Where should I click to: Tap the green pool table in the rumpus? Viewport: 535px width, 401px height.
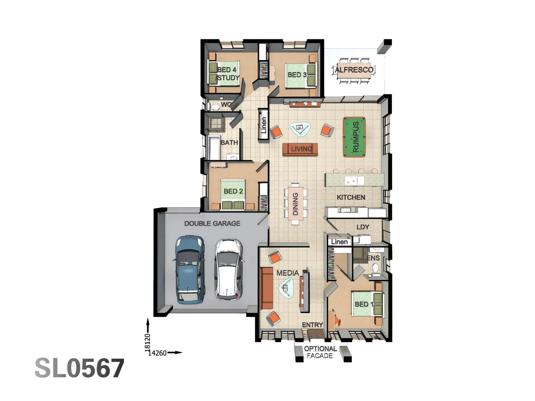tap(354, 137)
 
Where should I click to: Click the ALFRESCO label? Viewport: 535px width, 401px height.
tap(354, 70)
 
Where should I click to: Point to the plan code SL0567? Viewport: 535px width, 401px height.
tap(79, 368)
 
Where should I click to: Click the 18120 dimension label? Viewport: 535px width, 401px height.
tap(147, 342)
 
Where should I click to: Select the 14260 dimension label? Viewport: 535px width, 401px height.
tap(158, 353)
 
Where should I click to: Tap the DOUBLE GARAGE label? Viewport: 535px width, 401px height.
tap(212, 224)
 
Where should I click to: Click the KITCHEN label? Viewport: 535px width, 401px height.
tap(351, 198)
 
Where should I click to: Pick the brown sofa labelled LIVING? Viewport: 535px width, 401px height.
tap(300, 149)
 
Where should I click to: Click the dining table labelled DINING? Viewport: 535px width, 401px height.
tap(295, 204)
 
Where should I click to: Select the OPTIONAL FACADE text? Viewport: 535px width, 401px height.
tap(320, 352)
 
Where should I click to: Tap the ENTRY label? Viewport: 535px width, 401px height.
tap(312, 325)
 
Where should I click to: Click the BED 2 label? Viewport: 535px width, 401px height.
tap(233, 191)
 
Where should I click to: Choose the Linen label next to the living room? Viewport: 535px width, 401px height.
tap(263, 125)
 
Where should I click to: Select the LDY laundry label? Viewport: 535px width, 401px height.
tap(363, 227)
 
